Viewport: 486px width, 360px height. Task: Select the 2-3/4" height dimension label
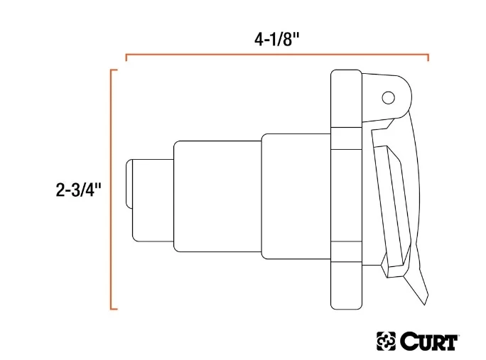pyautogui.click(x=79, y=190)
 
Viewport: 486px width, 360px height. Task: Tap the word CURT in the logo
pyautogui.click(x=429, y=342)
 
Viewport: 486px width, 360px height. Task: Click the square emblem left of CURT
pyautogui.click(x=387, y=342)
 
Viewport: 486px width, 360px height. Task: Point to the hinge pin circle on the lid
pyautogui.click(x=387, y=97)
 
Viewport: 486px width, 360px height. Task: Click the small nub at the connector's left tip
pyautogui.click(x=128, y=184)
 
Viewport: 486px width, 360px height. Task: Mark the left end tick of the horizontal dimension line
pyautogui.click(x=126, y=57)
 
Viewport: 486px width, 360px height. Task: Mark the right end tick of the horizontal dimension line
pyautogui.click(x=428, y=57)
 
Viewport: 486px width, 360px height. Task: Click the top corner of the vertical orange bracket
pyautogui.click(x=112, y=70)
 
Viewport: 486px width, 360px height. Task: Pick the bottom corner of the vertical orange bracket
pyautogui.click(x=112, y=309)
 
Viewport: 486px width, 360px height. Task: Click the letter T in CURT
pyautogui.click(x=451, y=342)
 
